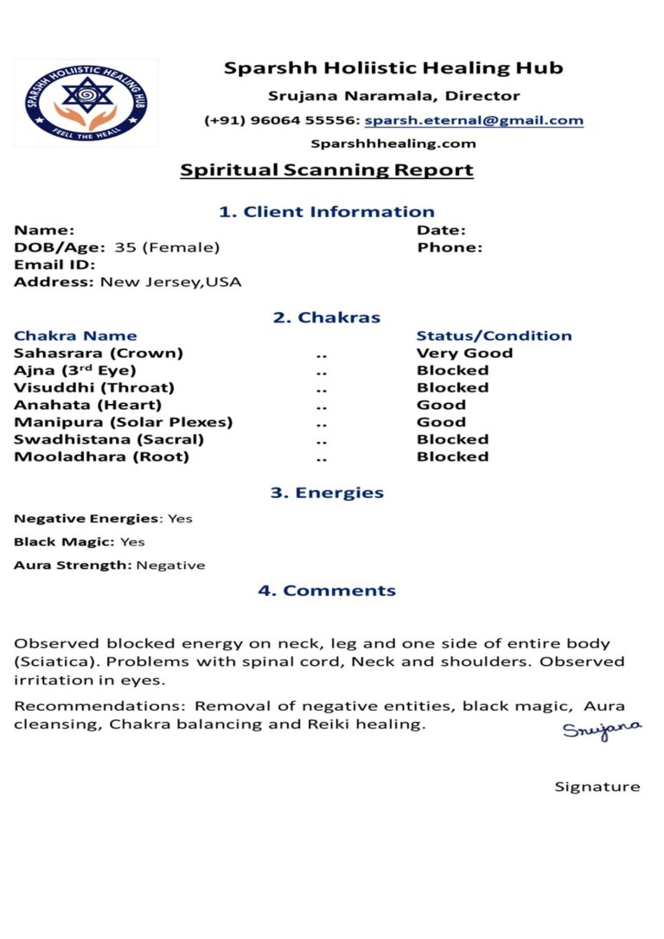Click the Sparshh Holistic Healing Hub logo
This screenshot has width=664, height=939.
(x=86, y=103)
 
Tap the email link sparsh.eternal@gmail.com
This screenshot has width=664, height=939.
(x=474, y=121)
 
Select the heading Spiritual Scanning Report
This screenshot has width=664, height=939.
(x=327, y=169)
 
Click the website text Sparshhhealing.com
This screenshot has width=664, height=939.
(x=393, y=144)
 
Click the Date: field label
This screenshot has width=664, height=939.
(x=442, y=230)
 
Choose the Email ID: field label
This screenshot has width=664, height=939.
(x=54, y=265)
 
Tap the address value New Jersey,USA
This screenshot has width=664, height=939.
(x=171, y=282)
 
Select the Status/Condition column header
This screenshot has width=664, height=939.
(x=494, y=335)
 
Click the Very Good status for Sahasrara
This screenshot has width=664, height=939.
(x=464, y=353)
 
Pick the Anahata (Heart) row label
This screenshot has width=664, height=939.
(x=87, y=405)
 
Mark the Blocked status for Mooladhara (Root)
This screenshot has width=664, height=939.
(x=452, y=457)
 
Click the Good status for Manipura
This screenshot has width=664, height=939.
(x=441, y=422)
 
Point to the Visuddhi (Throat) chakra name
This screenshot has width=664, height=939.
(x=94, y=387)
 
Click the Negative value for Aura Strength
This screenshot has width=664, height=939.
(x=170, y=565)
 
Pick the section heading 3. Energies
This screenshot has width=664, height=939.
(x=327, y=493)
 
